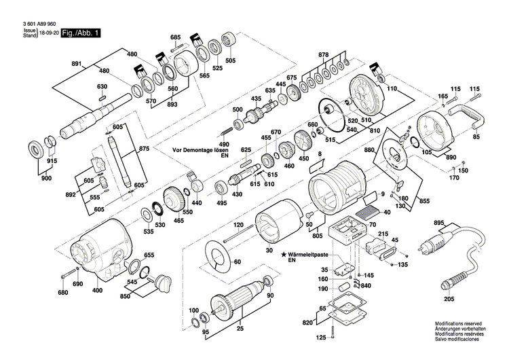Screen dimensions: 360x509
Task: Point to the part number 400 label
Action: pyautogui.click(x=97, y=290)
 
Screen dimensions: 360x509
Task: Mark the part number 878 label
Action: pyautogui.click(x=323, y=54)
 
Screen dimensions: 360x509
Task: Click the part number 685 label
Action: pyautogui.click(x=176, y=37)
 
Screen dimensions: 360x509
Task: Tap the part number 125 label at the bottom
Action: pyautogui.click(x=320, y=338)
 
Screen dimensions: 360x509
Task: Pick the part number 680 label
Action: pyautogui.click(x=62, y=293)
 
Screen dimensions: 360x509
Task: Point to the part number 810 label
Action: pyautogui.click(x=375, y=128)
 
